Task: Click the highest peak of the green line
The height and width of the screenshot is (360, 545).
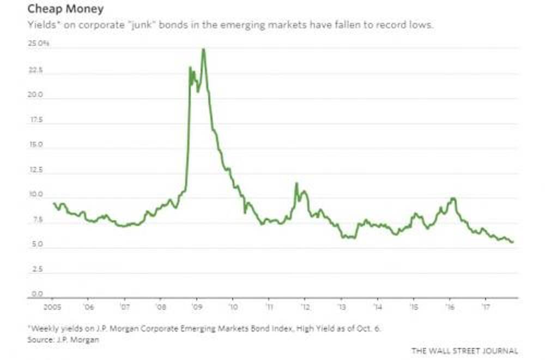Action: (x=203, y=49)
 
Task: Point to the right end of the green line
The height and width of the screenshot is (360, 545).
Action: (x=513, y=242)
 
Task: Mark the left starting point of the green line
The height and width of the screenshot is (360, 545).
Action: (x=53, y=203)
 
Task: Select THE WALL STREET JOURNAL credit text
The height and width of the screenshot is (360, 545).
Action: (x=464, y=351)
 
